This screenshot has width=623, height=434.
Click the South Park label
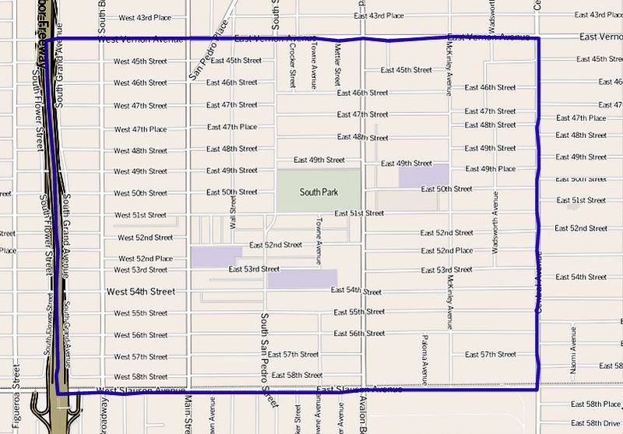click(319, 191)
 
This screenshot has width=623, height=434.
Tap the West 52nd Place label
click(146, 259)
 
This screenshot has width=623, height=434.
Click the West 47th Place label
click(140, 129)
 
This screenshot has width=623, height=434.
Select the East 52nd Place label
click(446, 251)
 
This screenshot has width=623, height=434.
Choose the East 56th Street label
click(359, 333)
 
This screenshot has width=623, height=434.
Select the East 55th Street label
click(359, 312)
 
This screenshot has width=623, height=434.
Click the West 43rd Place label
click(144, 17)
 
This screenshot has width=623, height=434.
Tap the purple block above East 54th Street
click(302, 279)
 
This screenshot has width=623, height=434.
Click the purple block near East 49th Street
click(423, 176)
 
